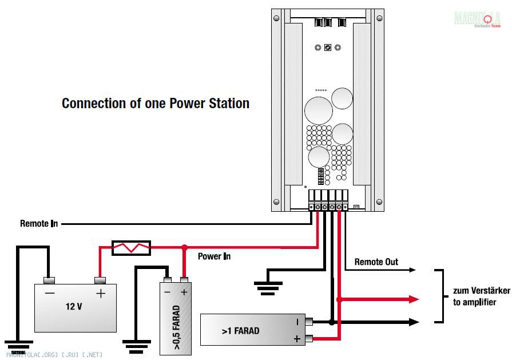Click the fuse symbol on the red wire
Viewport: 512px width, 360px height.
(130, 248)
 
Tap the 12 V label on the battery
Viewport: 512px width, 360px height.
(74, 306)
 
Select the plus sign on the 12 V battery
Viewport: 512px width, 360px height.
(101, 294)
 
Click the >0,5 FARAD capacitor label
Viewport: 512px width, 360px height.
(176, 327)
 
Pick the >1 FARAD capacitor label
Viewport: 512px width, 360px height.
(240, 331)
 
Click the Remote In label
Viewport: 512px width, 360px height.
(39, 224)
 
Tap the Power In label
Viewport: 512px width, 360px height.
(214, 256)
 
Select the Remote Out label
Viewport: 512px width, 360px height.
(376, 262)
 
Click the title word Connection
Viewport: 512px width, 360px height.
(92, 104)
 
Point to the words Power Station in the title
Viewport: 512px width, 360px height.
(209, 104)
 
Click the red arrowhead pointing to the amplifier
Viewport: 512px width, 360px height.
(414, 299)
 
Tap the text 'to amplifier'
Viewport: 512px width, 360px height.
(474, 302)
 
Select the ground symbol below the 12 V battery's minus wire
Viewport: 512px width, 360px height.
(19, 345)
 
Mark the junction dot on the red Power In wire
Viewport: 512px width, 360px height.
(184, 248)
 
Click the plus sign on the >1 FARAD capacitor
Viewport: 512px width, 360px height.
(297, 339)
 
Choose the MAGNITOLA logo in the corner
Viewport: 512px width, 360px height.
(477, 19)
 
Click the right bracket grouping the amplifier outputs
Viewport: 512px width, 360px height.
(440, 296)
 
